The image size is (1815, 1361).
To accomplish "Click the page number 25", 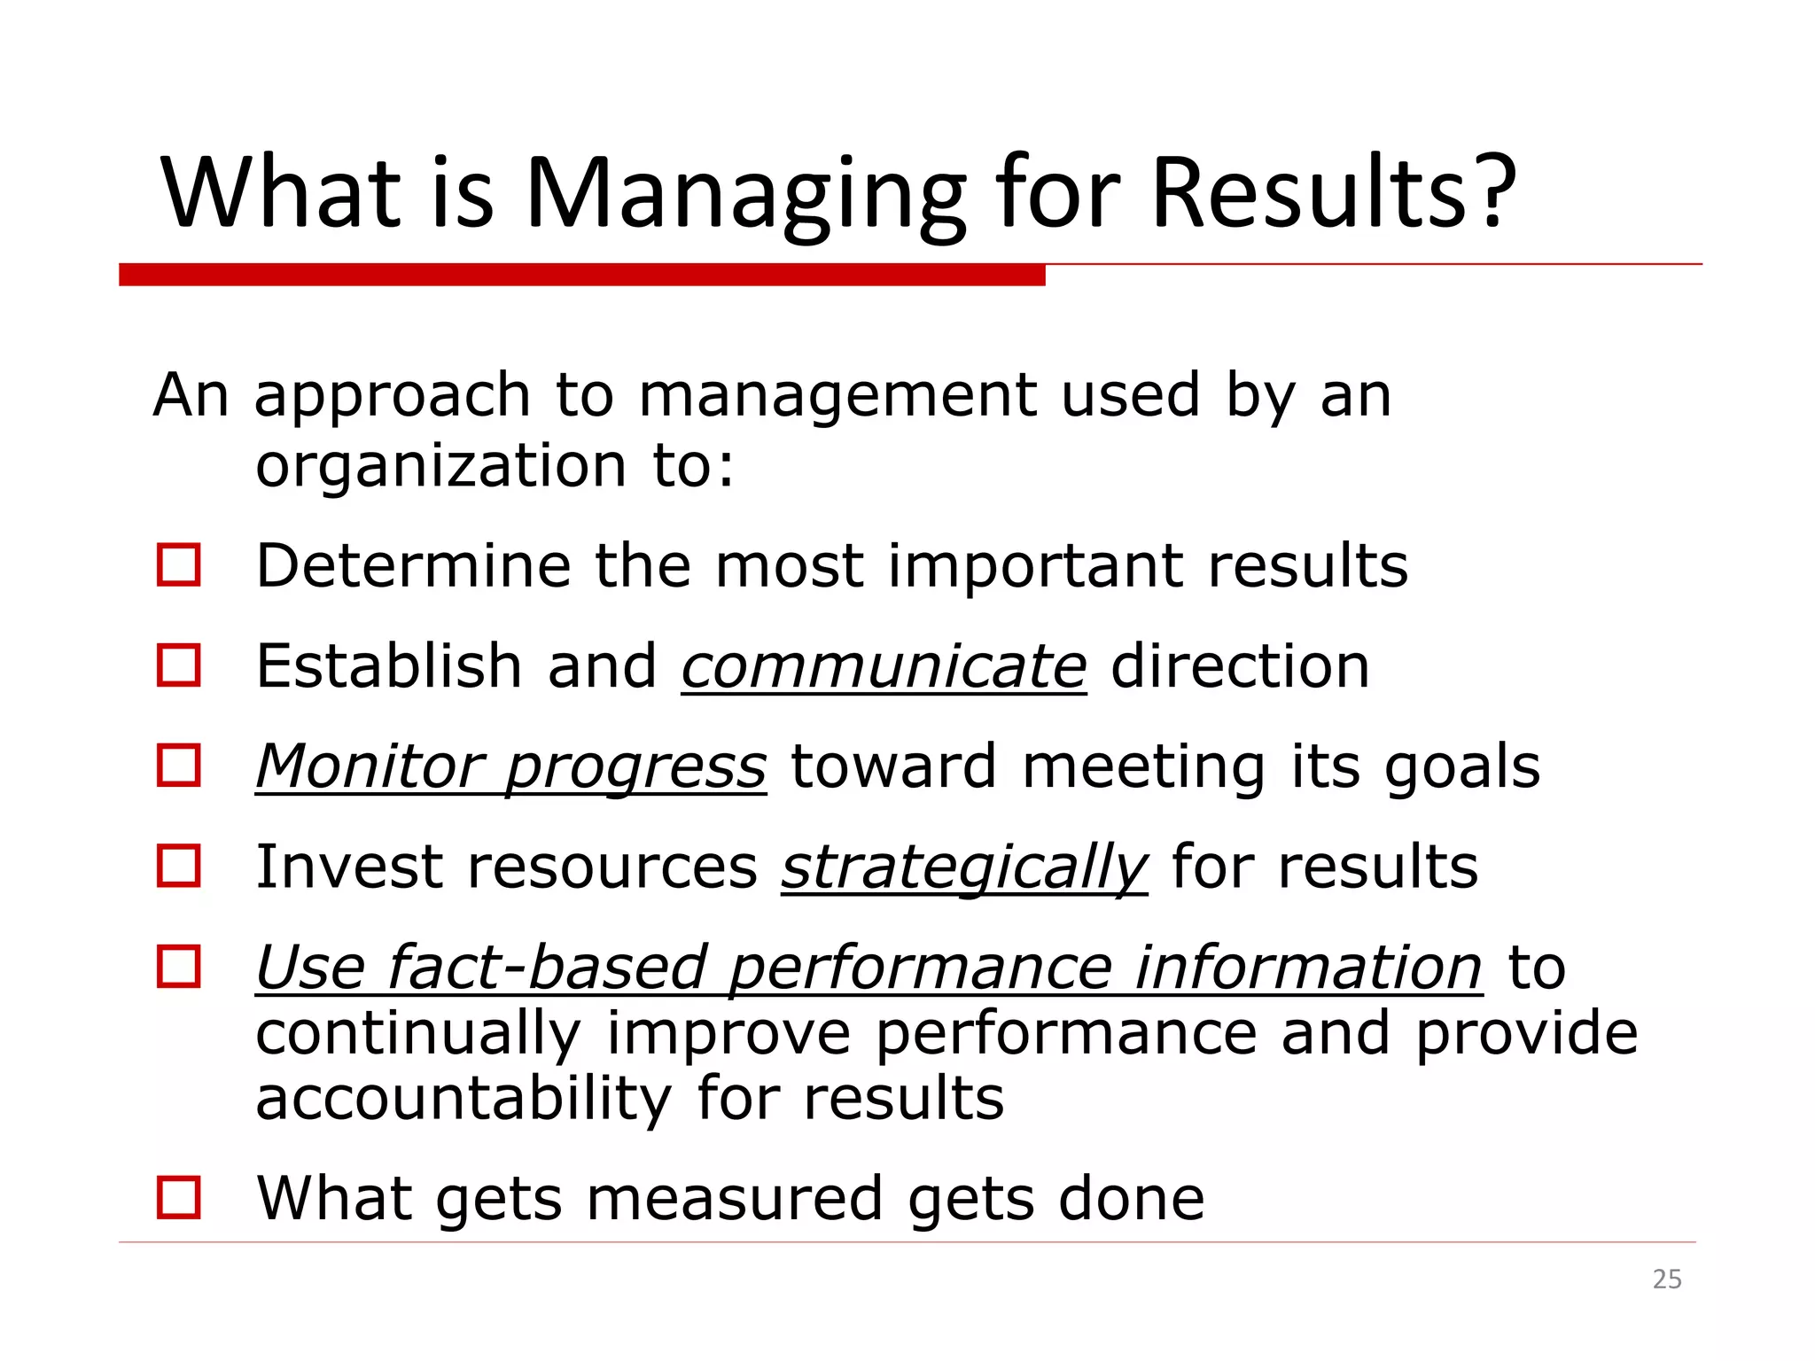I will point(1667,1279).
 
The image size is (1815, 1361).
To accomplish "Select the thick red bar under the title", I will point(581,275).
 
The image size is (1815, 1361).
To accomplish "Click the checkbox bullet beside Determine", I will point(179,565).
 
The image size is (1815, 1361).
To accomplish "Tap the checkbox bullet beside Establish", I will point(179,665).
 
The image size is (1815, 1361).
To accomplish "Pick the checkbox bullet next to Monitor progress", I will point(179,766).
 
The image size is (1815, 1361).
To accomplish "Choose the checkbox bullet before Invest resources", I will point(179,866).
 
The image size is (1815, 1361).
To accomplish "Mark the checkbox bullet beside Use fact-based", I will point(179,966).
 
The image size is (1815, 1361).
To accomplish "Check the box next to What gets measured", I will point(179,1198).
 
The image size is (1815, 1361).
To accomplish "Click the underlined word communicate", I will point(884,666).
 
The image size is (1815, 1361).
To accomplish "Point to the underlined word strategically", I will point(964,867).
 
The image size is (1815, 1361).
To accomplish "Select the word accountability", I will point(463,1099).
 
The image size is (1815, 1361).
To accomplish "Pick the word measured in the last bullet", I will point(735,1199).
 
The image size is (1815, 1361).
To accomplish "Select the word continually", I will point(417,1034).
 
